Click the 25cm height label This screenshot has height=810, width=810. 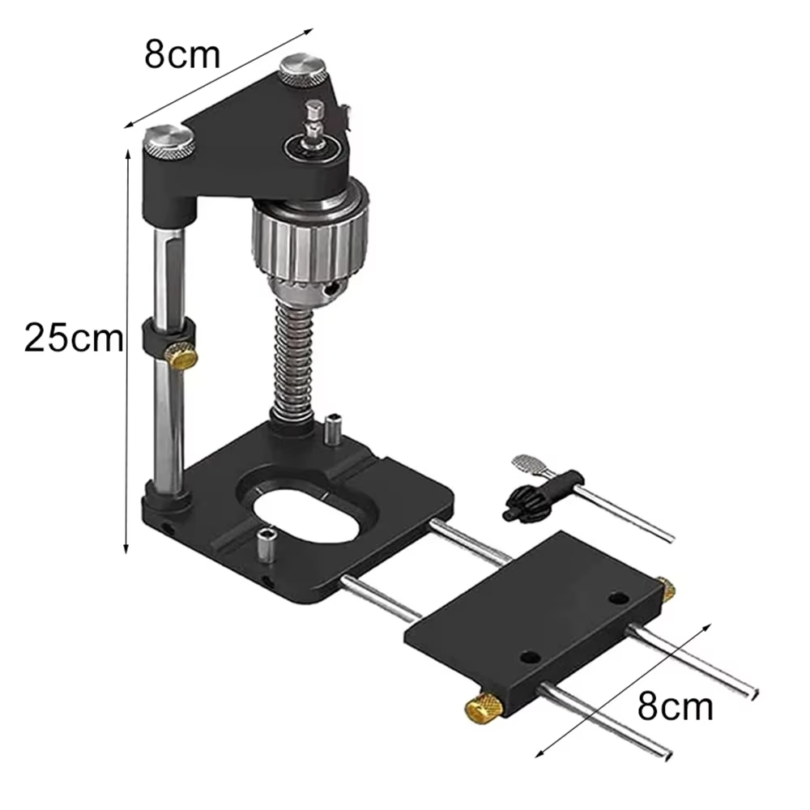click(x=74, y=339)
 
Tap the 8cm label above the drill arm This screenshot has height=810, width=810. click(x=181, y=54)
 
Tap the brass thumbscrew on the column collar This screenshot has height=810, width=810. click(x=181, y=355)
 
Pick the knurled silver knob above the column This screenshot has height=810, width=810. click(x=169, y=143)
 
